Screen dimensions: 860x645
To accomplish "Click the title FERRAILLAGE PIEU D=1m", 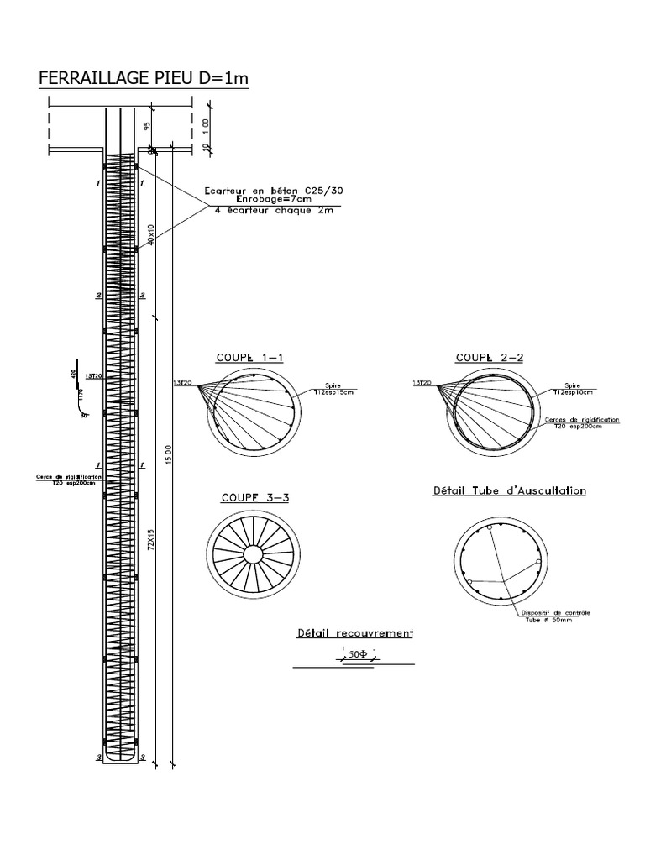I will click(x=144, y=79).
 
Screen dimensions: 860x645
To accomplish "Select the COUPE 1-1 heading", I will click(x=249, y=357).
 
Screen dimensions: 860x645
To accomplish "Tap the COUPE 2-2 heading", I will click(x=490, y=357).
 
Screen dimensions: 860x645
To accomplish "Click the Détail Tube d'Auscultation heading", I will click(x=508, y=490).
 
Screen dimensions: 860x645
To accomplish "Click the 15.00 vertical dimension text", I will click(x=169, y=458).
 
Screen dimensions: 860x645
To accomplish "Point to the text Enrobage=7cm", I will click(x=273, y=201).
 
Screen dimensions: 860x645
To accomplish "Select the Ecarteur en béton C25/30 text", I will click(x=273, y=191).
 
